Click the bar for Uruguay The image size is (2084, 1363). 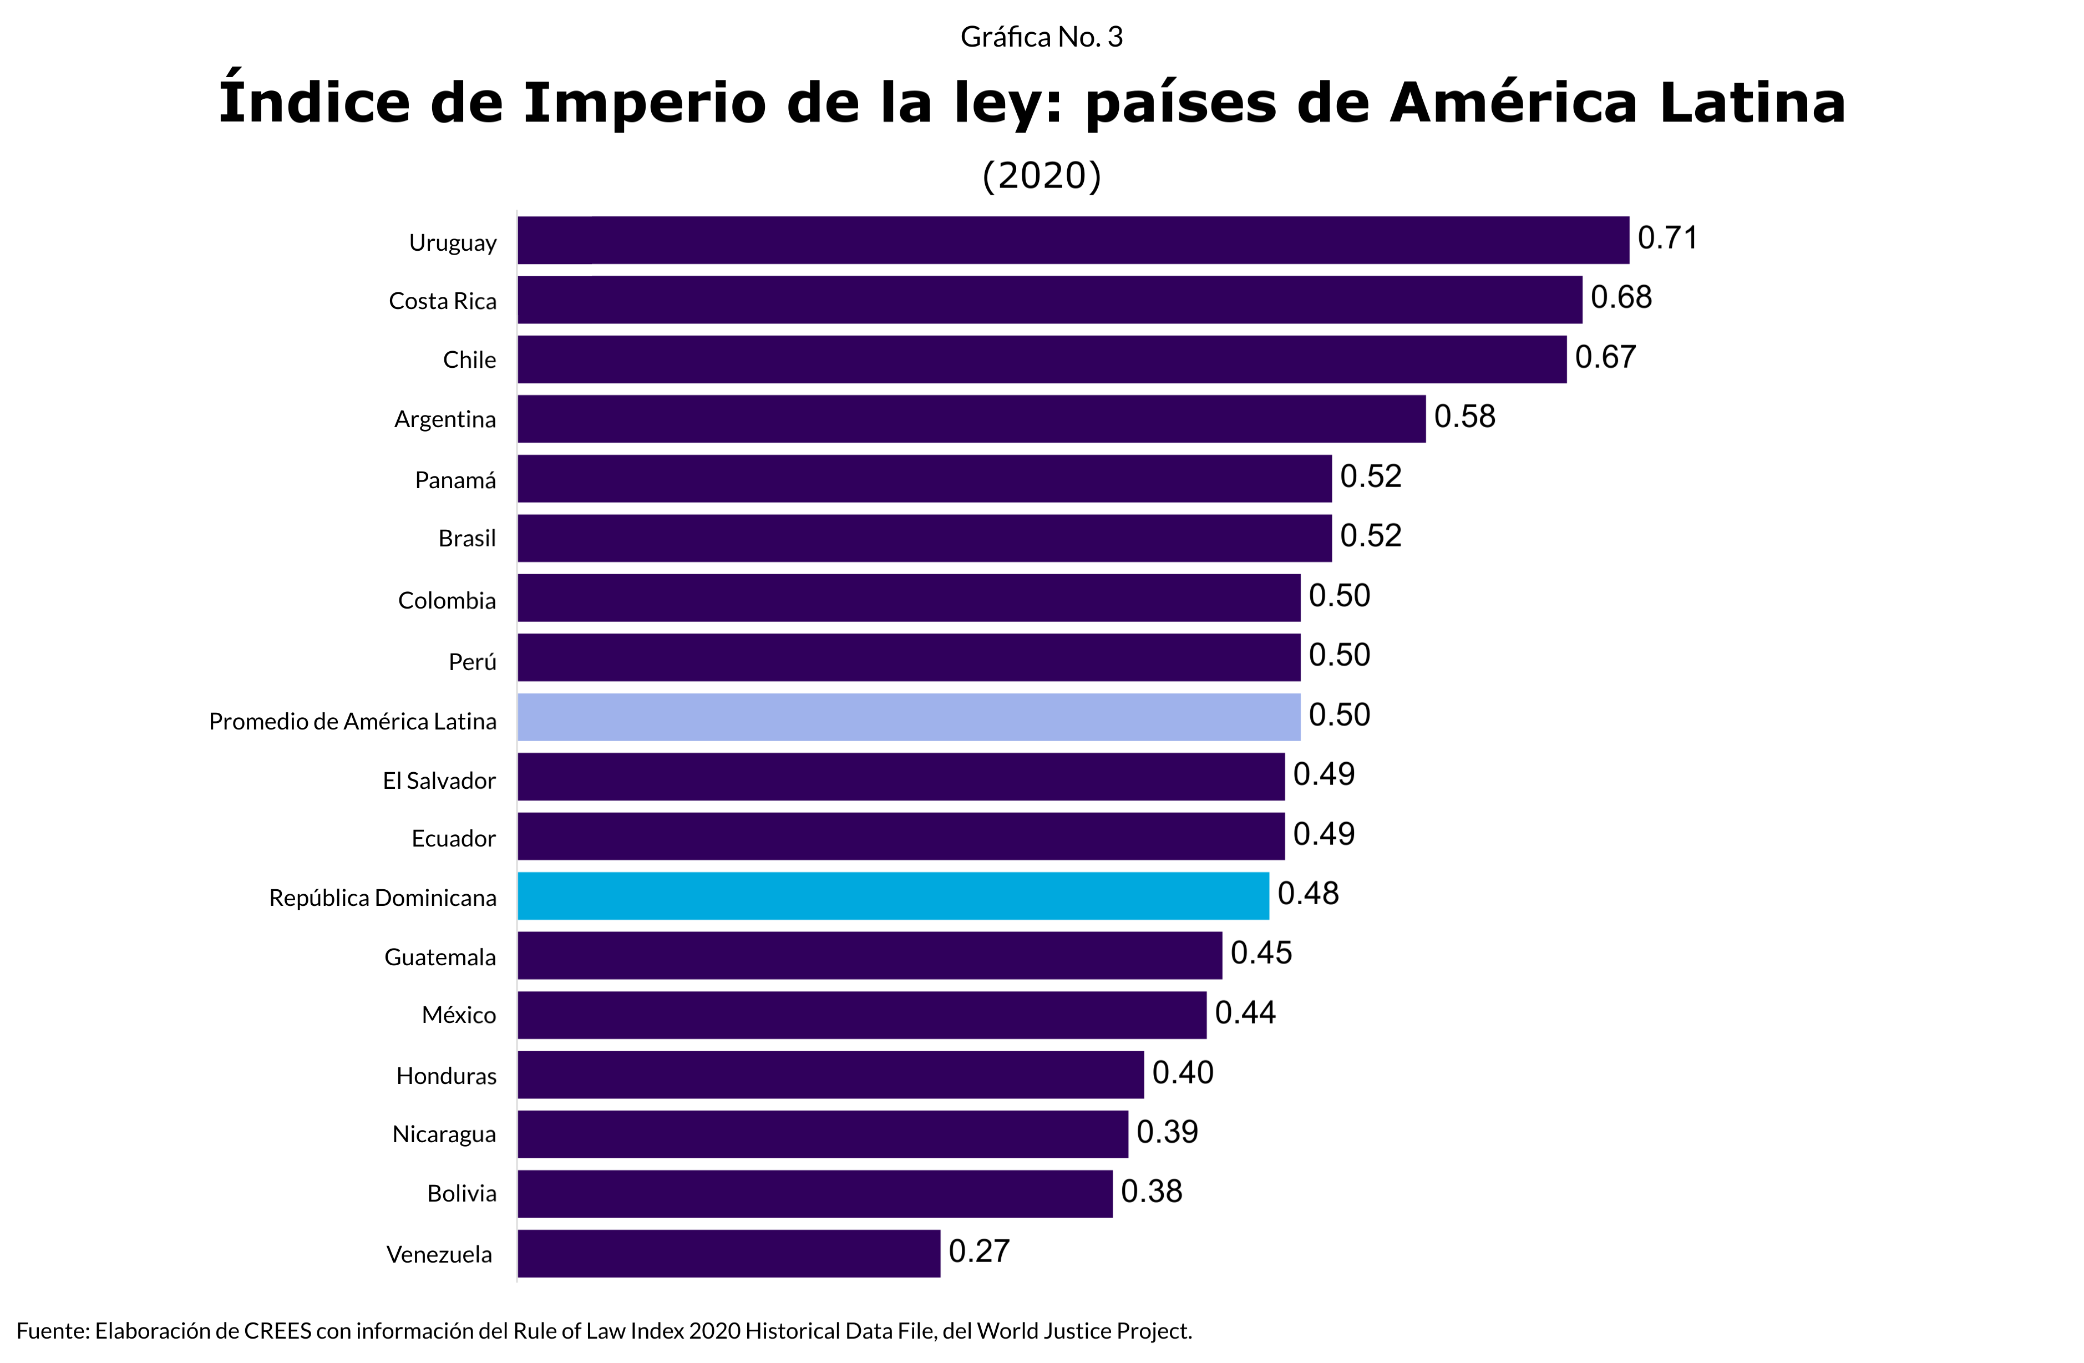(x=1073, y=240)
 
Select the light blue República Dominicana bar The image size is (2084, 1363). (x=893, y=895)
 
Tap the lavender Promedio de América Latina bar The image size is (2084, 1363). (x=909, y=717)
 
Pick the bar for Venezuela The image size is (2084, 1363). (x=728, y=1253)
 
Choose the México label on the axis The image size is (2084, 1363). (x=459, y=1015)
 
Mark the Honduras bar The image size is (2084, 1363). (x=830, y=1074)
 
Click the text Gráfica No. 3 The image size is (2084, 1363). (x=1041, y=37)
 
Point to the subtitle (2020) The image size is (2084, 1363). (x=1041, y=176)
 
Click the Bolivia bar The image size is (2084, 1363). (x=814, y=1193)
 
